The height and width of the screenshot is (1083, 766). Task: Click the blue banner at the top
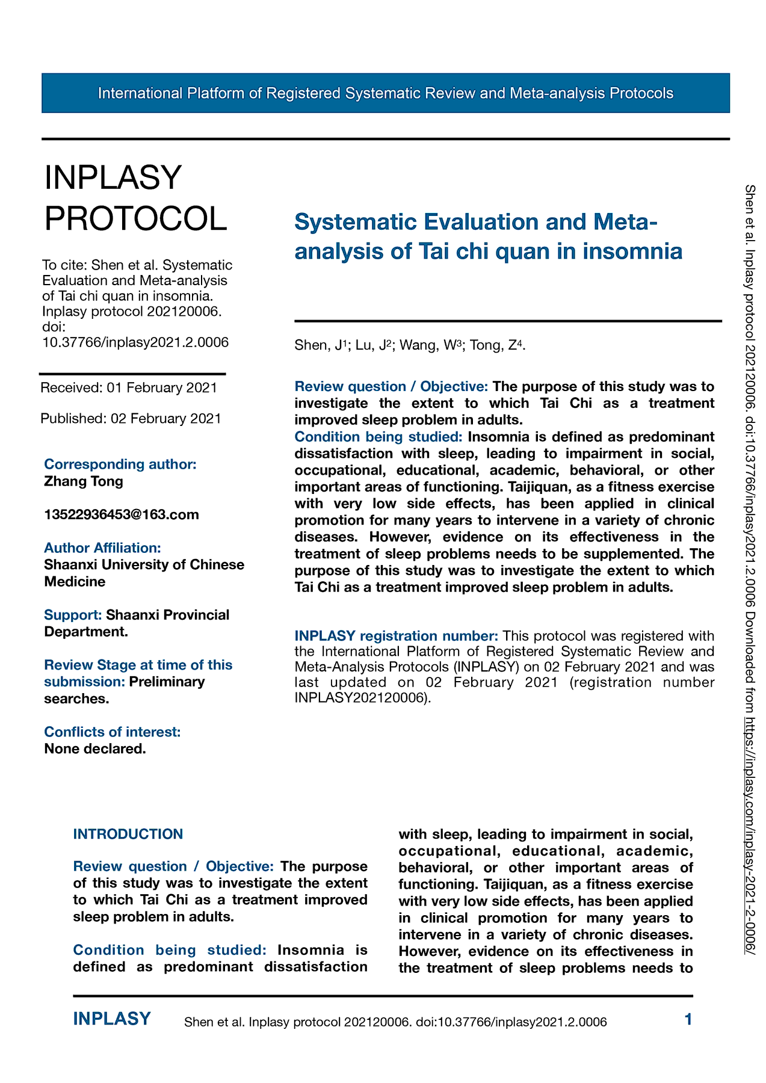pos(385,93)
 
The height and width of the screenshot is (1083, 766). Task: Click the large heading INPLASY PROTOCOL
pos(136,198)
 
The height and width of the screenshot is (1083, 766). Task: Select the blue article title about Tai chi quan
pos(488,236)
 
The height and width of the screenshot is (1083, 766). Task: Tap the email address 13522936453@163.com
pos(122,514)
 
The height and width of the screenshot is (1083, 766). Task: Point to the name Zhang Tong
pos(84,481)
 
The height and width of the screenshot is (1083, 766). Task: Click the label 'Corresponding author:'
pos(120,464)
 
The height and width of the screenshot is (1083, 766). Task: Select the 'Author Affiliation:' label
pos(102,548)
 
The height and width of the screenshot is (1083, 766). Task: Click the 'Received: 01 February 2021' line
pos(129,387)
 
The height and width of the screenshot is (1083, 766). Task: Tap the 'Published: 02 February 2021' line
pos(131,418)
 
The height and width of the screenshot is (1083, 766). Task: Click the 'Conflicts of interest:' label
pos(113,732)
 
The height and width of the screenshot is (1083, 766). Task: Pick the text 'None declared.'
pos(95,748)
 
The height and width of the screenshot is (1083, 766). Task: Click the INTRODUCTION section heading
pos(128,834)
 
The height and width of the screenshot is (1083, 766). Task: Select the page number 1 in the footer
pos(688,1019)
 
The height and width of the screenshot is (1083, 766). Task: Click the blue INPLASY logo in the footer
pos(112,1019)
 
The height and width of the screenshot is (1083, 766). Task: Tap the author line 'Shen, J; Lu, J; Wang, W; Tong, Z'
pos(410,345)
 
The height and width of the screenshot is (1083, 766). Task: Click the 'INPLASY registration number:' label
pos(396,635)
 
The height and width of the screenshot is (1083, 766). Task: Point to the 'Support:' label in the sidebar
pos(73,615)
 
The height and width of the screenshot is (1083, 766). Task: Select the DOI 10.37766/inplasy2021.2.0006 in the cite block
pos(135,342)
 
